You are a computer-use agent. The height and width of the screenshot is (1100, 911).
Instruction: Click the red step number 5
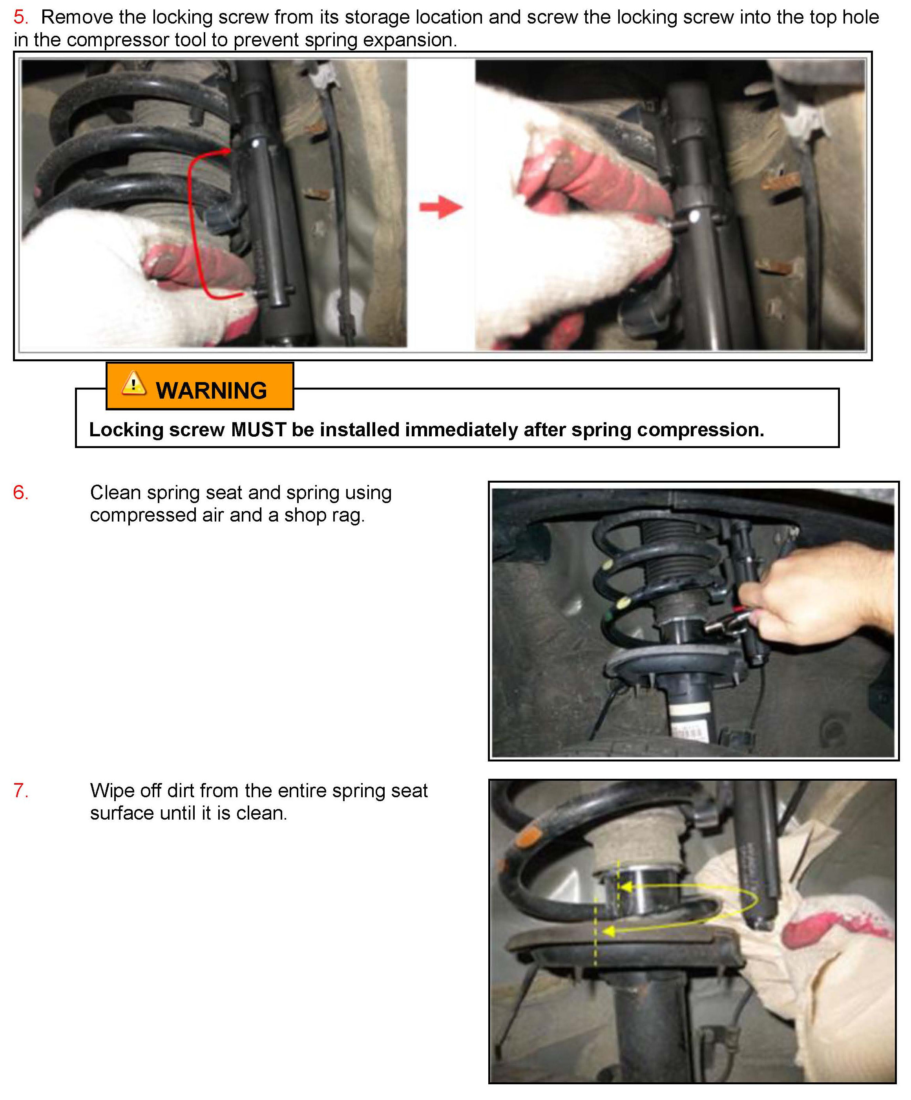[x=20, y=17]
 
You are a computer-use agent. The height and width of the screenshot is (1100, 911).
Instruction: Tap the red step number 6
[x=20, y=492]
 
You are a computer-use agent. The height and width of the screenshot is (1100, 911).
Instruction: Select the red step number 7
[x=20, y=791]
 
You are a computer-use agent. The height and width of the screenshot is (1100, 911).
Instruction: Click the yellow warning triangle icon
[x=133, y=383]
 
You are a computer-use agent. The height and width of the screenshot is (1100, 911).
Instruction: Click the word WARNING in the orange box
[x=212, y=391]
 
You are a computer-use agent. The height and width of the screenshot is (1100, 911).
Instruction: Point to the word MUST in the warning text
[x=258, y=430]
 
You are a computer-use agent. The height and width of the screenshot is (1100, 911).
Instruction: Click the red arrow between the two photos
[x=441, y=207]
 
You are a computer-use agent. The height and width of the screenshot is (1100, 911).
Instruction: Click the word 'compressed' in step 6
[x=143, y=515]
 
